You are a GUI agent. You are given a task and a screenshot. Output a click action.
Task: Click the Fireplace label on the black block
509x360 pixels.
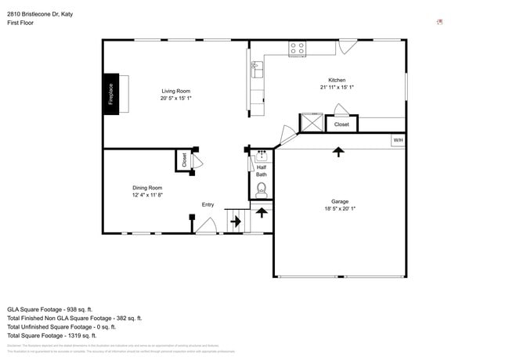pyautogui.click(x=110, y=94)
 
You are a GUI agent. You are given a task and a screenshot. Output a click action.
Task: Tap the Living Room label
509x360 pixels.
pyautogui.click(x=176, y=91)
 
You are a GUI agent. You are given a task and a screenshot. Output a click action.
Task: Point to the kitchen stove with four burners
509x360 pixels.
pyautogui.click(x=298, y=49)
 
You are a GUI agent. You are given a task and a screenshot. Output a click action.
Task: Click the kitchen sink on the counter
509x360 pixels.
pyautogui.click(x=257, y=68)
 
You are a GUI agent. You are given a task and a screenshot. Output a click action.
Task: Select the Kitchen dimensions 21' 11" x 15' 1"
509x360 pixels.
pyautogui.click(x=337, y=88)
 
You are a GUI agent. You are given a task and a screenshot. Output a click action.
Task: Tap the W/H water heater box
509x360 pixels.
pyautogui.click(x=398, y=140)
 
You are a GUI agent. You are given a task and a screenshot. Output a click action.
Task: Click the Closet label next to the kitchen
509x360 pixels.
pyautogui.click(x=342, y=124)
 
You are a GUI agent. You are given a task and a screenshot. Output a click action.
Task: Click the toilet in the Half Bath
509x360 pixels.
pyautogui.click(x=262, y=189)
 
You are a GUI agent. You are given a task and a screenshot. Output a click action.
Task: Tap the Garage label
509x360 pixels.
pyautogui.click(x=340, y=201)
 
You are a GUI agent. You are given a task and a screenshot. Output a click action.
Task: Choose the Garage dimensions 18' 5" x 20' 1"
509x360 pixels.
pyautogui.click(x=340, y=209)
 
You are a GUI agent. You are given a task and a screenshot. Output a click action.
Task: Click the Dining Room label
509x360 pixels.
pyautogui.click(x=147, y=187)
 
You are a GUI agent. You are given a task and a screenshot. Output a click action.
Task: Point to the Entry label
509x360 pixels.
pyautogui.click(x=208, y=205)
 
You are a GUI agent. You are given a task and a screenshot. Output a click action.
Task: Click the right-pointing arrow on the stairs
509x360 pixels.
pyautogui.click(x=235, y=222)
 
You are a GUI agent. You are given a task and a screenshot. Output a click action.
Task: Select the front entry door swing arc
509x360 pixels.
pyautogui.click(x=207, y=226)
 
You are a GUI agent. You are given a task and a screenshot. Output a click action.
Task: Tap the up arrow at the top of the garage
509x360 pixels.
pyautogui.click(x=338, y=151)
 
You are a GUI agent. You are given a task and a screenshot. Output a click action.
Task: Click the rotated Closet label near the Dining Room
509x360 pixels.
pyautogui.click(x=185, y=160)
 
